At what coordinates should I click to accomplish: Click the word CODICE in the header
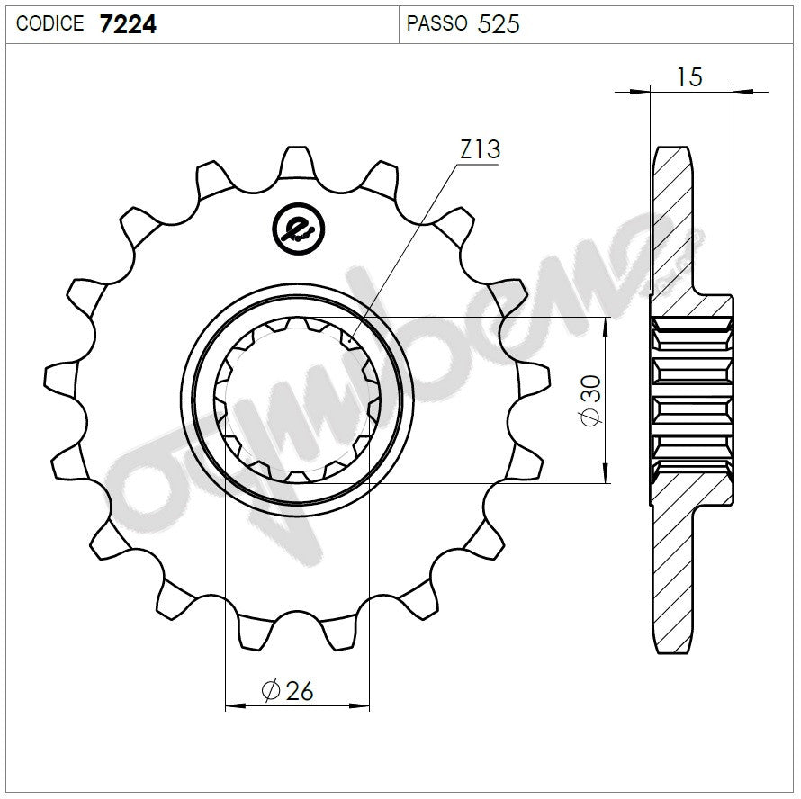tap(50, 23)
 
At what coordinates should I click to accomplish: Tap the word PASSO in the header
tap(436, 23)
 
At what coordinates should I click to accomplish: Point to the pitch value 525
tap(499, 24)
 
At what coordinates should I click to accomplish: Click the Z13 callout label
tap(480, 149)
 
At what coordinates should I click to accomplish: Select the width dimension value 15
tap(689, 77)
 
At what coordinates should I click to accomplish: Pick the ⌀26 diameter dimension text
tap(287, 690)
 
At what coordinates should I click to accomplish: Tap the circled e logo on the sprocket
tap(296, 229)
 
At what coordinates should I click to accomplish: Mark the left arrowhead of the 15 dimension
tap(640, 91)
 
